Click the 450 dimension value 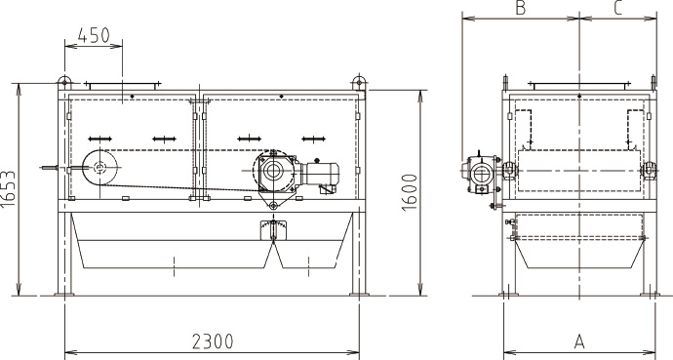pos(94,35)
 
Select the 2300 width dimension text pos(213,342)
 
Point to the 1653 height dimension pos(8,189)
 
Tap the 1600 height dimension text pos(410,192)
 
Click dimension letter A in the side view pos(579,342)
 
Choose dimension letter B pos(520,8)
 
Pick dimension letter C pos(618,8)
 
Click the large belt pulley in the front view pos(100,168)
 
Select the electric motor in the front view pos(321,175)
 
